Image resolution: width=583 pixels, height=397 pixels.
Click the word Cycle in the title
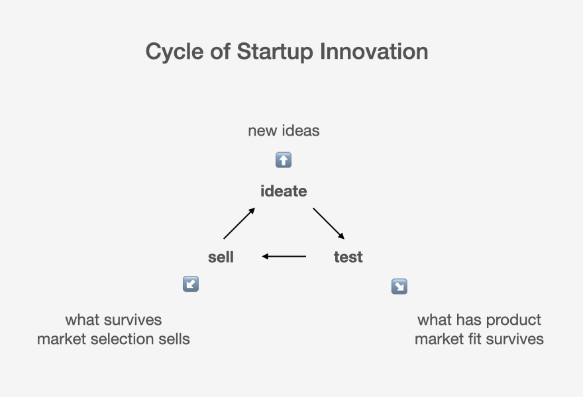pyautogui.click(x=174, y=52)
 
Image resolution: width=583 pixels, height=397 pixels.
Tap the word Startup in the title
pyautogui.click(x=275, y=52)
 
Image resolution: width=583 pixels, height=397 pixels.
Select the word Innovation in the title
pyautogui.click(x=374, y=51)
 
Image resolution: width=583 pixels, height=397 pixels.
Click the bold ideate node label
pyautogui.click(x=284, y=191)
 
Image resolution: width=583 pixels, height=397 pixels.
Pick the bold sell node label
pyautogui.click(x=221, y=257)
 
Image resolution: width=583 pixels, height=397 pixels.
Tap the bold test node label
pyautogui.click(x=348, y=257)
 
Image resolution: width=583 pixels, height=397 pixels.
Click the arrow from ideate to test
pyautogui.click(x=329, y=224)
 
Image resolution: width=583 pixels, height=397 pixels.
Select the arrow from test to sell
pyautogui.click(x=284, y=256)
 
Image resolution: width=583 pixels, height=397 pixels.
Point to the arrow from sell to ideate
pyautogui.click(x=239, y=223)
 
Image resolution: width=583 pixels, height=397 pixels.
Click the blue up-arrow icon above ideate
pyautogui.click(x=284, y=160)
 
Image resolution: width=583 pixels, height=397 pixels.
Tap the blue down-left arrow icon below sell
pyautogui.click(x=191, y=284)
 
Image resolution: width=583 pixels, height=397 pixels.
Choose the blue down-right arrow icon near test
pyautogui.click(x=399, y=287)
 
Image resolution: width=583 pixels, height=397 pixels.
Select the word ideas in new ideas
pyautogui.click(x=301, y=131)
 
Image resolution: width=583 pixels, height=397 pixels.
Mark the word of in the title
pyautogui.click(x=220, y=51)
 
